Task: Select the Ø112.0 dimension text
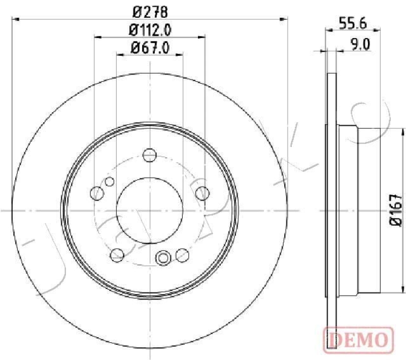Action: (x=149, y=30)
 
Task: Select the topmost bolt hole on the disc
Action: (x=149, y=154)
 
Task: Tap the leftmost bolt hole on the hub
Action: (x=96, y=192)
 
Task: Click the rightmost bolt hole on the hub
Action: (x=202, y=192)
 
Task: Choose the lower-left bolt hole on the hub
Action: (x=116, y=254)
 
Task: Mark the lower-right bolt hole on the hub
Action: (x=181, y=254)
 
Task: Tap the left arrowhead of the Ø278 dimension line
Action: (x=14, y=19)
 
